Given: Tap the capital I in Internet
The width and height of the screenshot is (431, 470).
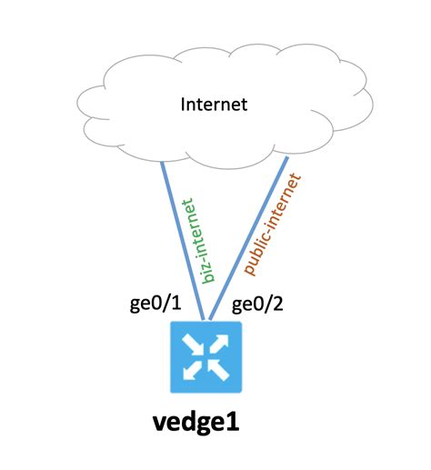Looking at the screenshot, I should [183, 105].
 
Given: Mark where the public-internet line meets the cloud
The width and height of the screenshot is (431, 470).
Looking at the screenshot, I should [287, 158].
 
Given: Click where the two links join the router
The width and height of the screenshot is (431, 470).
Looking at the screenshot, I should [209, 320].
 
